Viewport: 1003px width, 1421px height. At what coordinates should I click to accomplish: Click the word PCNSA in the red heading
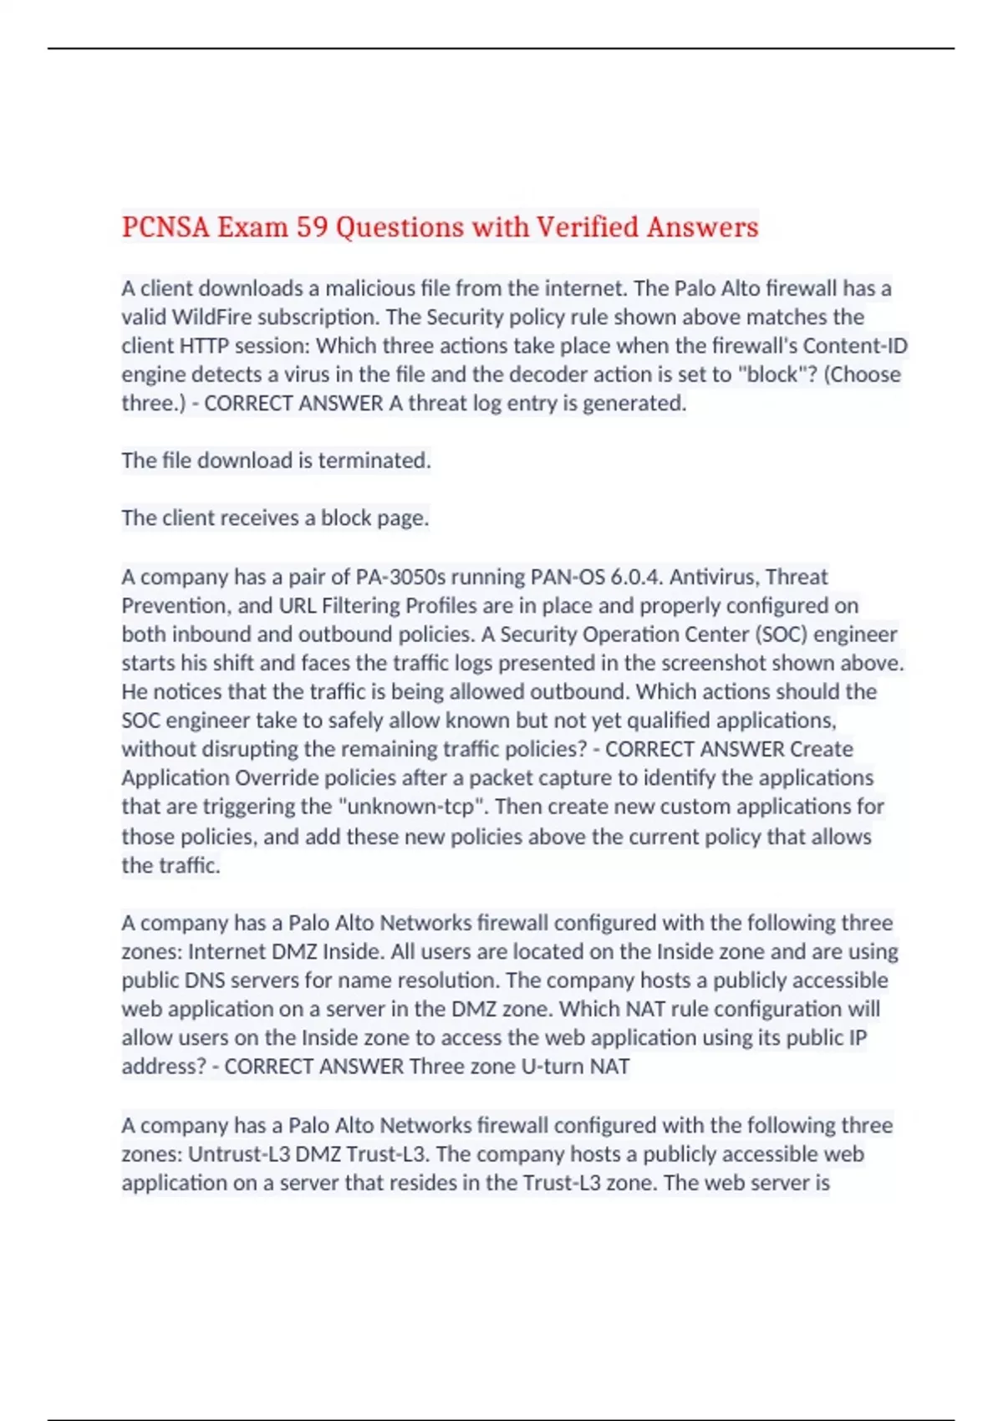(x=165, y=227)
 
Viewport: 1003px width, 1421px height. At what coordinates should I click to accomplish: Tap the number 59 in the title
(x=312, y=227)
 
